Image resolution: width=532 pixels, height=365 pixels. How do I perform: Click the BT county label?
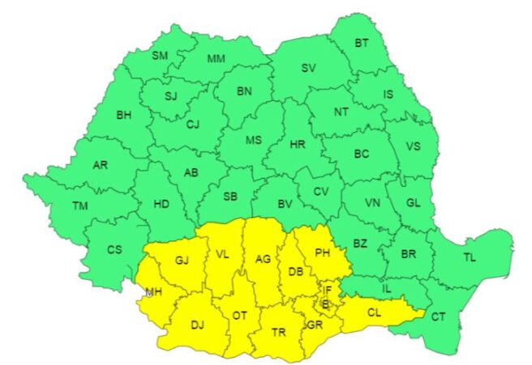pyautogui.click(x=361, y=43)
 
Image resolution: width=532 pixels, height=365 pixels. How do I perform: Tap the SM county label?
pyautogui.click(x=161, y=56)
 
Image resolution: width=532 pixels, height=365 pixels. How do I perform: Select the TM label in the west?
pyautogui.click(x=79, y=206)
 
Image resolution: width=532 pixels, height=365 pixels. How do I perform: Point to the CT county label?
pyautogui.click(x=438, y=316)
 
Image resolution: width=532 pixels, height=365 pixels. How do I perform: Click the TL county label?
pyautogui.click(x=470, y=257)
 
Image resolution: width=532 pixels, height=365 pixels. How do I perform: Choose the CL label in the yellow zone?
pyautogui.click(x=374, y=311)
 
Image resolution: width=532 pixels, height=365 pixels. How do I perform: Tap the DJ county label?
pyautogui.click(x=197, y=325)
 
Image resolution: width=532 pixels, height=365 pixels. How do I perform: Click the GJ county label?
pyautogui.click(x=181, y=260)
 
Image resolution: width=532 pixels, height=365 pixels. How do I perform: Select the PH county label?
pyautogui.click(x=323, y=253)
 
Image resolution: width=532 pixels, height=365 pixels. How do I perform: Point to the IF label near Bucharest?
pyautogui.click(x=327, y=290)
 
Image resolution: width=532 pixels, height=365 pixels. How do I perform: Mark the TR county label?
pyautogui.click(x=278, y=333)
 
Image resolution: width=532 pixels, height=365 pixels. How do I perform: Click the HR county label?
pyautogui.click(x=297, y=145)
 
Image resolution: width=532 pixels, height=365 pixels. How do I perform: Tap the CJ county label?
pyautogui.click(x=192, y=125)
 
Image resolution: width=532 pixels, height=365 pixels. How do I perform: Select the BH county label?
pyautogui.click(x=123, y=116)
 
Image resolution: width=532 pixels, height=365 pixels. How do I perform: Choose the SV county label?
pyautogui.click(x=308, y=68)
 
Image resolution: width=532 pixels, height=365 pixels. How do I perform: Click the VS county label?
pyautogui.click(x=413, y=147)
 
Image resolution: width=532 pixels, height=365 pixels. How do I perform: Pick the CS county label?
pyautogui.click(x=114, y=250)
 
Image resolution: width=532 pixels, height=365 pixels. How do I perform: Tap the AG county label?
pyautogui.click(x=263, y=260)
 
